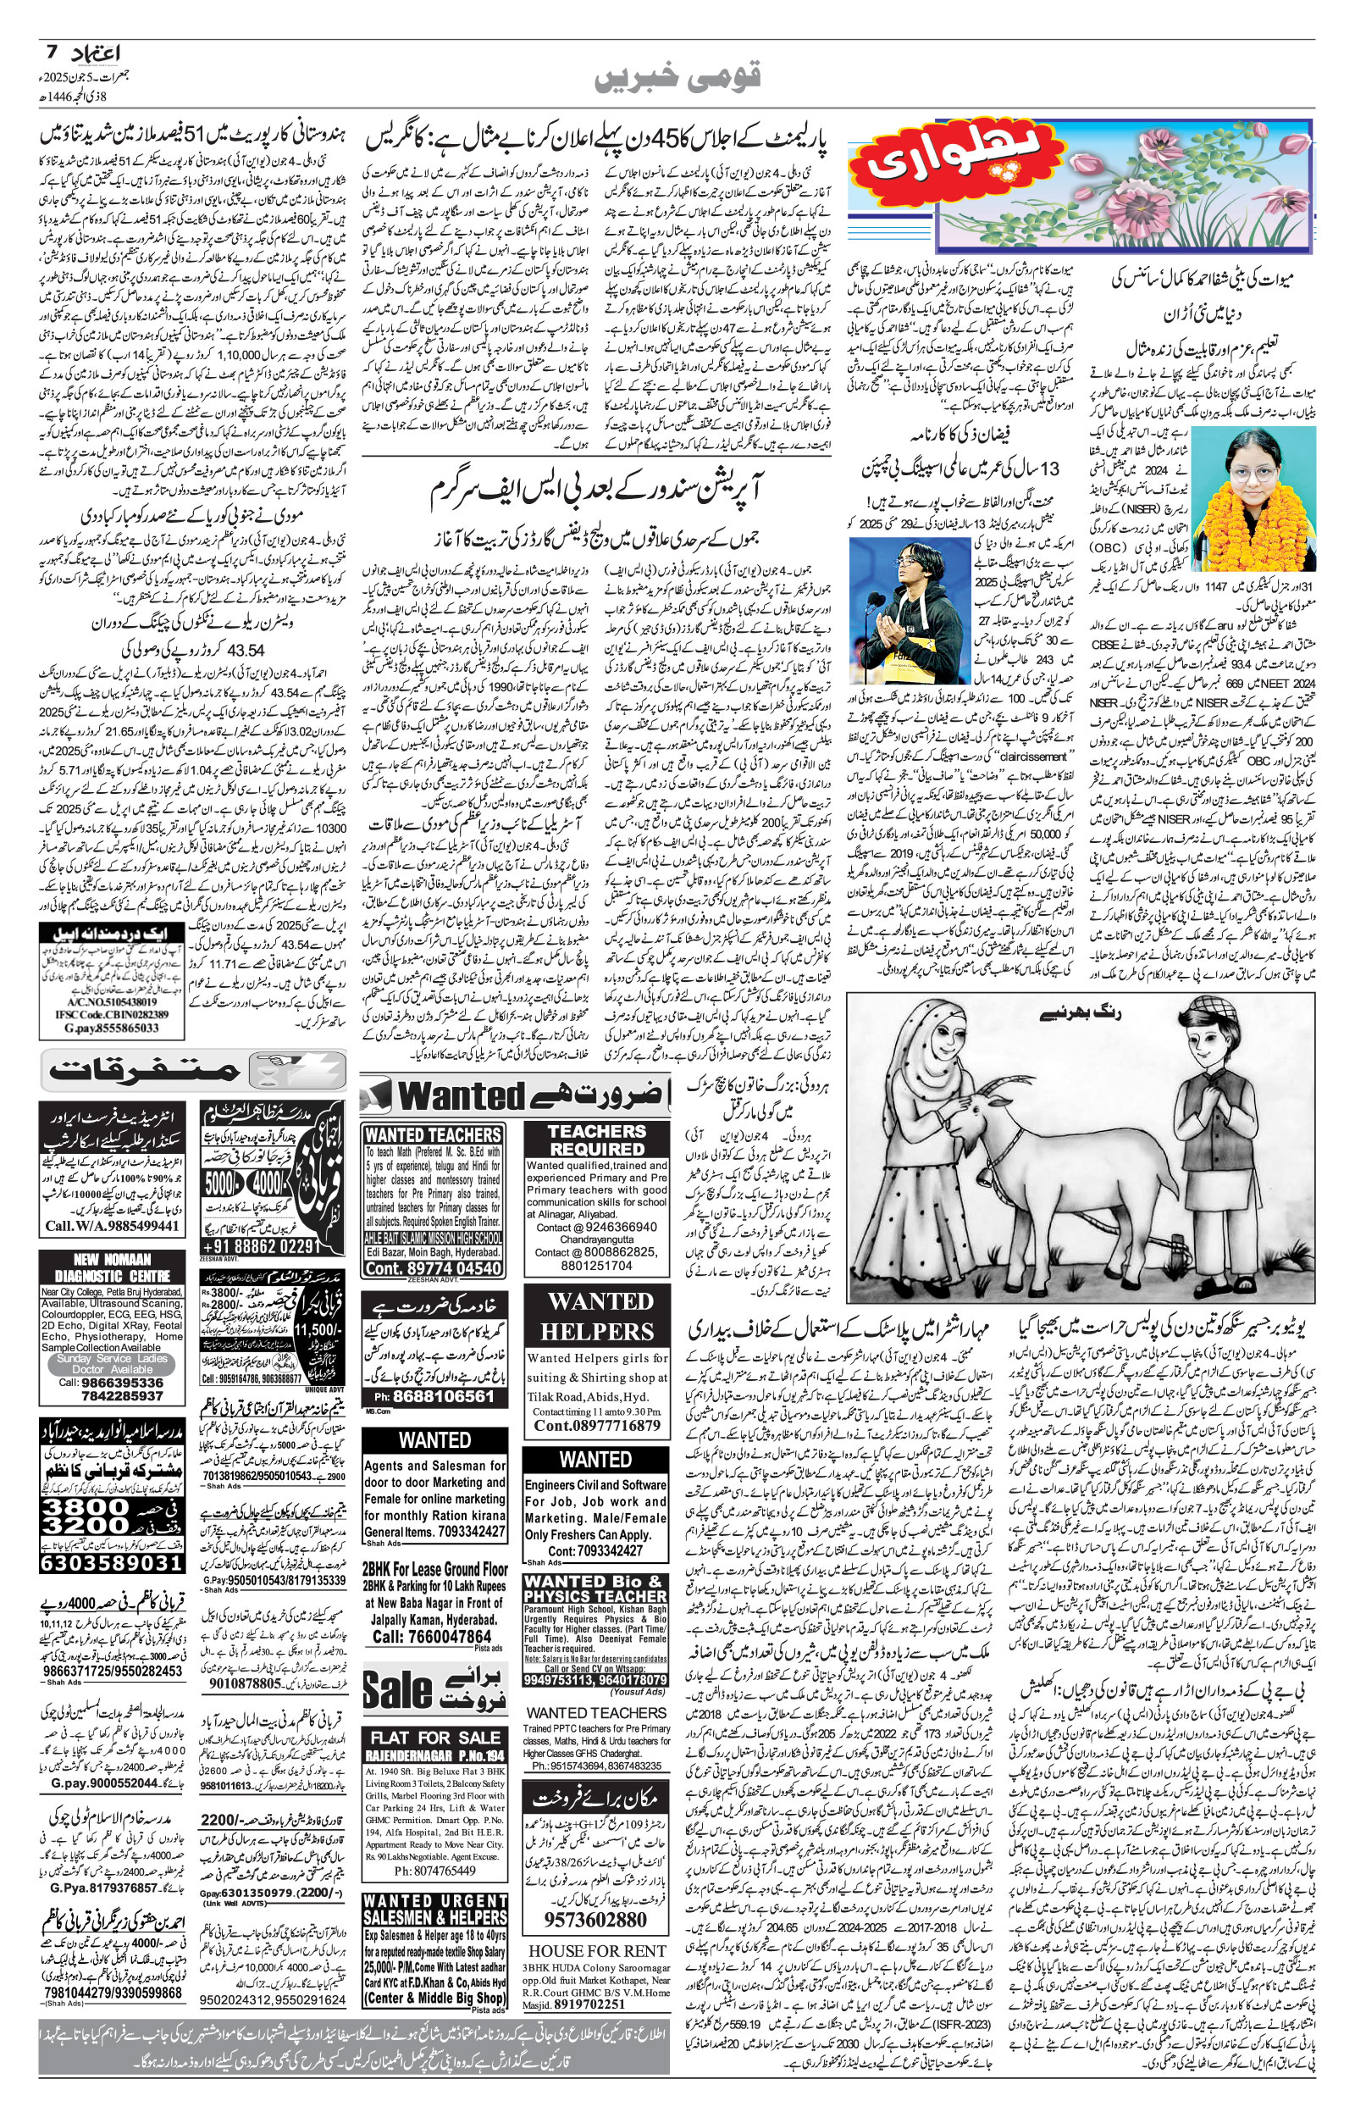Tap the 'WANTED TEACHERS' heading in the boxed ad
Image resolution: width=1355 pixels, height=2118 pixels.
[433, 1135]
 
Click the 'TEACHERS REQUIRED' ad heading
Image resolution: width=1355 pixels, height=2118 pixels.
[596, 1140]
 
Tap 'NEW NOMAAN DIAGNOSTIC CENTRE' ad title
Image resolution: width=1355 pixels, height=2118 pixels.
[112, 1268]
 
